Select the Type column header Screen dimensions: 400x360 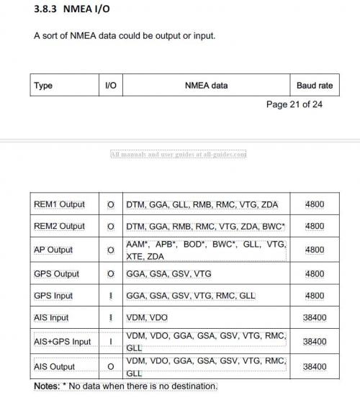click(43, 85)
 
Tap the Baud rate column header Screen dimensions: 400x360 click(315, 85)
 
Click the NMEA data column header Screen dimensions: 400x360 click(206, 85)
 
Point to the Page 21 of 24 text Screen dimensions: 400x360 click(294, 104)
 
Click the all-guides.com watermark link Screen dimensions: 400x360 click(179, 154)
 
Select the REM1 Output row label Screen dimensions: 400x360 click(59, 204)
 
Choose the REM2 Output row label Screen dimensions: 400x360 click(59, 226)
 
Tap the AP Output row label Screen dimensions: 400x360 click(53, 250)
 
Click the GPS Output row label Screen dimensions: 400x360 click(56, 274)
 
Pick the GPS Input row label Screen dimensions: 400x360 click(53, 296)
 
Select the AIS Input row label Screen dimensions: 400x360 click(53, 317)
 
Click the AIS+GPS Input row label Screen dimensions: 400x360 click(62, 342)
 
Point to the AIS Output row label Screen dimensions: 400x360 click(55, 367)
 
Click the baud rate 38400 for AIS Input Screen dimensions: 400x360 click(315, 317)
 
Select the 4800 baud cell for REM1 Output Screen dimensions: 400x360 click(315, 204)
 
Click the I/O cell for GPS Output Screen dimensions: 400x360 click(111, 274)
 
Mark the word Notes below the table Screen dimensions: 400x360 click(47, 386)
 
